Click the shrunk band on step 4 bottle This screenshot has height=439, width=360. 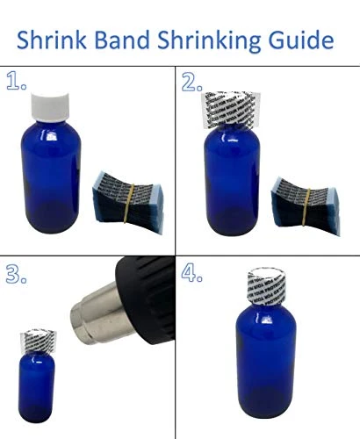point(264,291)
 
